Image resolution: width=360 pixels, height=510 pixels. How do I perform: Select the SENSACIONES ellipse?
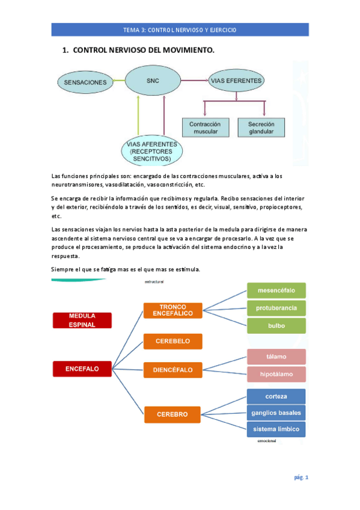(x=86, y=82)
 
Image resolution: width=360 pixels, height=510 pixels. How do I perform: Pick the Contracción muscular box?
(x=205, y=127)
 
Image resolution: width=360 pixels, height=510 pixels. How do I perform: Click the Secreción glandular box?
(x=261, y=127)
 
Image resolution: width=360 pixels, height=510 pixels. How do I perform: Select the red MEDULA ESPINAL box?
(x=82, y=319)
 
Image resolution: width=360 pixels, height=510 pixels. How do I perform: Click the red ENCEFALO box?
(x=82, y=367)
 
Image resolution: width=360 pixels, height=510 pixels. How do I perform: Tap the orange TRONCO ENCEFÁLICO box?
(x=172, y=310)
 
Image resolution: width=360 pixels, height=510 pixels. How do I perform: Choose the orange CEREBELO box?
(x=172, y=341)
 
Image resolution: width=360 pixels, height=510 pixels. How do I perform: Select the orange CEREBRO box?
(x=172, y=414)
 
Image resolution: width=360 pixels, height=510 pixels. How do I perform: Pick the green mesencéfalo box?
(x=276, y=290)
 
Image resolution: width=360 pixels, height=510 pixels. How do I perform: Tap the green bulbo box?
(x=276, y=326)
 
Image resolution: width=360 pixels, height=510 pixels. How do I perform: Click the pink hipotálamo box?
(x=276, y=374)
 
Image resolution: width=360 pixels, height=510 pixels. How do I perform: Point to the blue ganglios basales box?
(x=276, y=413)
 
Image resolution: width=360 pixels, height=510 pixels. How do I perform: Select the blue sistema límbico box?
(x=276, y=429)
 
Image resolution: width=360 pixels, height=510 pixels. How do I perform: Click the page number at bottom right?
(x=301, y=478)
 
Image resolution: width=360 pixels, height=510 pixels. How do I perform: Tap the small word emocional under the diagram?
(x=266, y=441)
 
